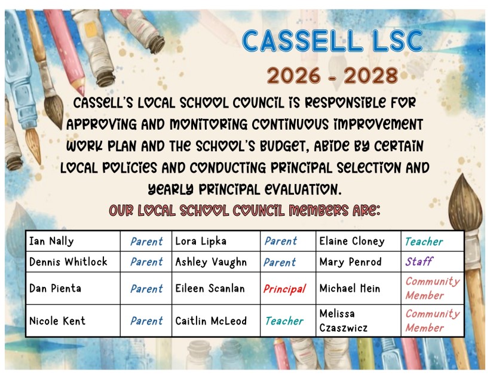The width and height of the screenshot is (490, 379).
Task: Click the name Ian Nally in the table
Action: click(51, 241)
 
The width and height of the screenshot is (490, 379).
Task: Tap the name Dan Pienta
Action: click(55, 288)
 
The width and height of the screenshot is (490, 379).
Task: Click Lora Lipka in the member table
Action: click(201, 241)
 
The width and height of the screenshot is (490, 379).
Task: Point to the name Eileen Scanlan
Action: click(210, 288)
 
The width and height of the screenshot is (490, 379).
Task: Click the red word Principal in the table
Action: click(284, 289)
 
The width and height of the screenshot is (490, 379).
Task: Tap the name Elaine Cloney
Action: click(352, 241)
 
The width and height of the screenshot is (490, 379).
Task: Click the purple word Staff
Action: click(419, 261)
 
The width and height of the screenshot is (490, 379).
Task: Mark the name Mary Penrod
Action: click(350, 262)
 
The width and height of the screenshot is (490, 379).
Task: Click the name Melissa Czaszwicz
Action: click(344, 320)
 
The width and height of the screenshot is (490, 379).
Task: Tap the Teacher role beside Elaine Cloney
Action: click(424, 242)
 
